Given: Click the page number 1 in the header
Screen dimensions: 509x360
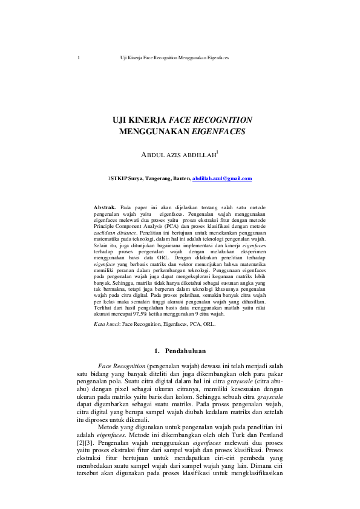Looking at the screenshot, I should [79, 58].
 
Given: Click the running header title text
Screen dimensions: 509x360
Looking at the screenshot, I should [174, 58].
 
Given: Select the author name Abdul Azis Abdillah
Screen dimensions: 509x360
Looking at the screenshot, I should [178, 155].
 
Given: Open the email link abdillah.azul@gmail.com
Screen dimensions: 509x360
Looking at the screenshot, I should [221, 179].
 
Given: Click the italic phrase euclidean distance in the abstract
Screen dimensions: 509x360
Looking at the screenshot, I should [116, 232].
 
